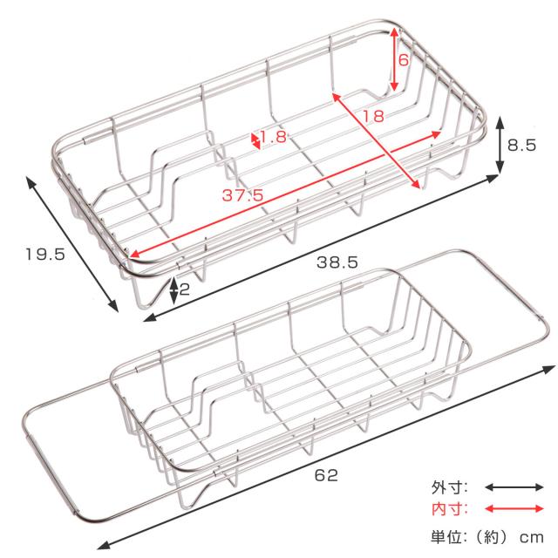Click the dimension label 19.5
(45, 254)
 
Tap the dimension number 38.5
(337, 262)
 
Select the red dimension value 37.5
(242, 195)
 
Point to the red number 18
(373, 116)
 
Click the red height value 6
(404, 59)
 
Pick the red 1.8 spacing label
(273, 137)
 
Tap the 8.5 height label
(521, 146)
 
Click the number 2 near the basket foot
(184, 289)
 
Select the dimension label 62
(326, 475)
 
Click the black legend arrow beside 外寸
(514, 487)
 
